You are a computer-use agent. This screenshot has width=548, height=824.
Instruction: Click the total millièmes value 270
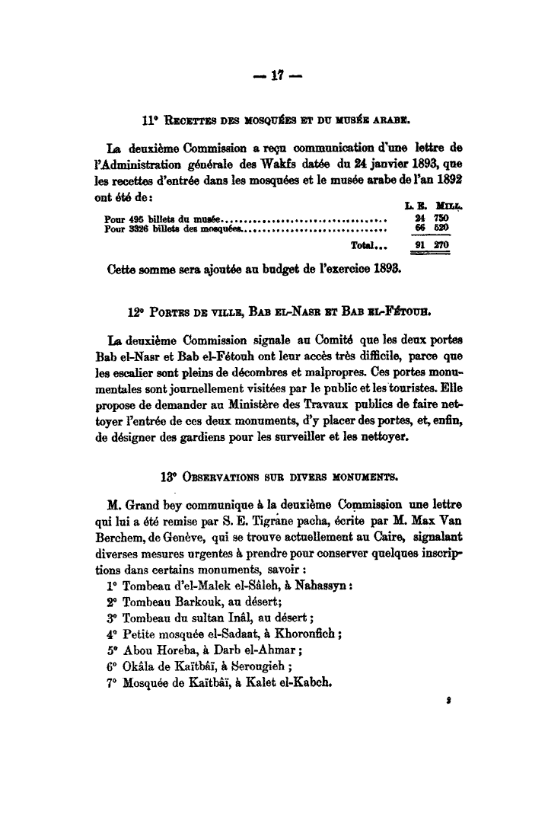pos(441,245)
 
